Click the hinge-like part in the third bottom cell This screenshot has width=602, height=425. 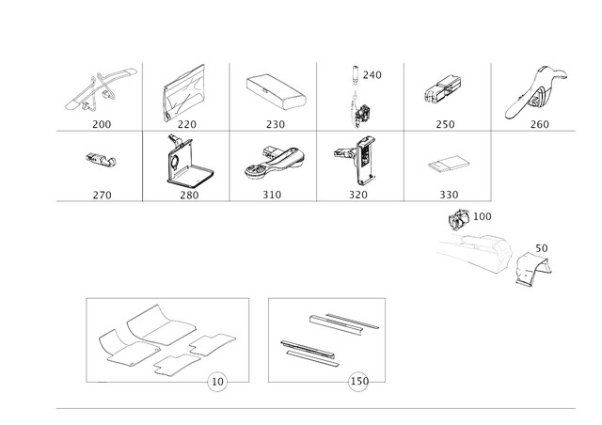(x=274, y=162)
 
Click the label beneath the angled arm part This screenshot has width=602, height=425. (x=101, y=123)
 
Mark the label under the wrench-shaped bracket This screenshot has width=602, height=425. (x=539, y=123)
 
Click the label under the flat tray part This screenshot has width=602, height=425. (x=275, y=123)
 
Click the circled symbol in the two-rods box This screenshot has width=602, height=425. (x=358, y=382)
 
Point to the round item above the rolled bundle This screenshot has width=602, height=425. (x=460, y=218)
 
